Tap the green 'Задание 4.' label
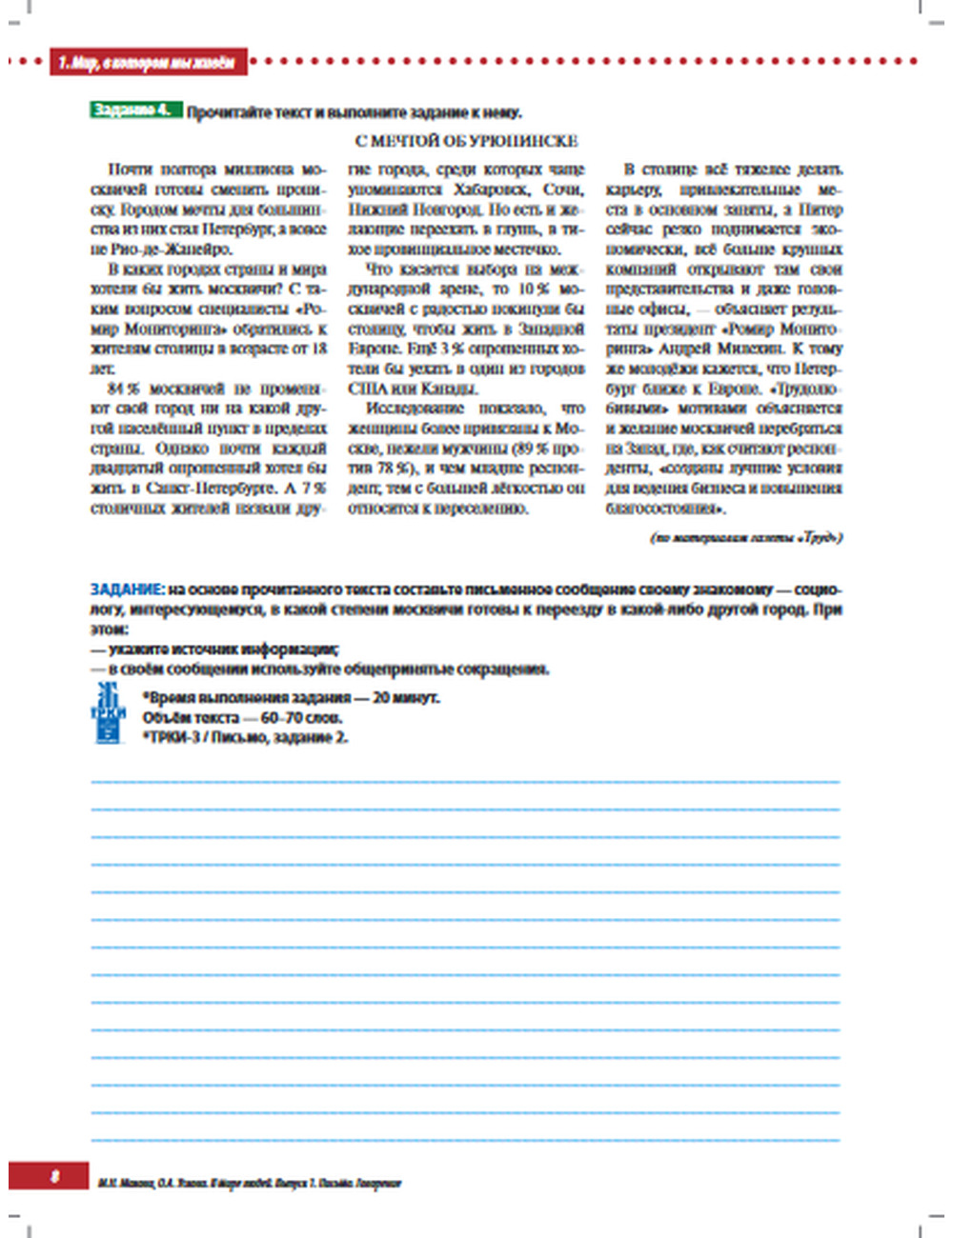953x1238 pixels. click(x=134, y=110)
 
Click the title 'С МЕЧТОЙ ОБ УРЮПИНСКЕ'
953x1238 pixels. click(x=466, y=141)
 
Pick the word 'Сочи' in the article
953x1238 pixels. click(x=563, y=190)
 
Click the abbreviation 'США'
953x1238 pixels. click(x=366, y=389)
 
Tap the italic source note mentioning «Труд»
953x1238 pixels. click(x=746, y=538)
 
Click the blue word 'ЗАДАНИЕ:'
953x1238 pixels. click(x=128, y=589)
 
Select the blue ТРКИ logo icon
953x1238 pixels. click(x=108, y=713)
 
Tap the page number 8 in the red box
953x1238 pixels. click(x=54, y=1176)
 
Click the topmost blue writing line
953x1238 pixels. click(x=465, y=781)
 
